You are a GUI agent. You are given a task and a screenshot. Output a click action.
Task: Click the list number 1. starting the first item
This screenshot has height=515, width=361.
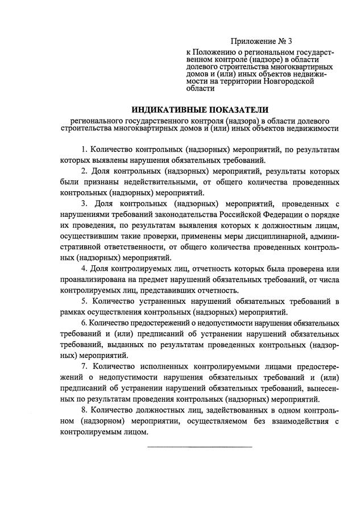(x=84, y=150)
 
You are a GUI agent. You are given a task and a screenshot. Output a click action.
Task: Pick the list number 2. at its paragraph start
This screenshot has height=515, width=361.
(x=84, y=171)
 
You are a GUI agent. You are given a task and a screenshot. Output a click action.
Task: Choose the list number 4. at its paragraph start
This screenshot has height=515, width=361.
(x=84, y=269)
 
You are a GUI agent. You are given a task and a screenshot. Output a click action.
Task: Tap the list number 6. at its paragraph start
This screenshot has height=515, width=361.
(x=84, y=323)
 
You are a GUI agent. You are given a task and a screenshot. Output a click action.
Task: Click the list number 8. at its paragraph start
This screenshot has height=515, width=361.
(x=84, y=410)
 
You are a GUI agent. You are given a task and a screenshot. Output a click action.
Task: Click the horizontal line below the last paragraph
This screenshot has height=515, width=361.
(x=199, y=446)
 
